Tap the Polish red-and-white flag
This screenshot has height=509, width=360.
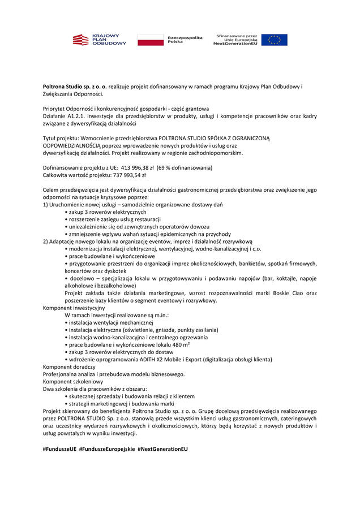tap(150, 40)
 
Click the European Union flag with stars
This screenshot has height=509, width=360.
tap(274, 40)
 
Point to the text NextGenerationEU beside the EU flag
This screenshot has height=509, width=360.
tap(235, 44)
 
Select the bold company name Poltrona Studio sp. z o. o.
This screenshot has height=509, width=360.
tap(75, 87)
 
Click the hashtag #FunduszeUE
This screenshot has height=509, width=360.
tap(59, 448)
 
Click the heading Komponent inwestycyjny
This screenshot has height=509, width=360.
tap(74, 308)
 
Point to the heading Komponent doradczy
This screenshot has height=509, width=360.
tap(69, 366)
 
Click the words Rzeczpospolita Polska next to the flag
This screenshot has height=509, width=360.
tap(185, 40)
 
